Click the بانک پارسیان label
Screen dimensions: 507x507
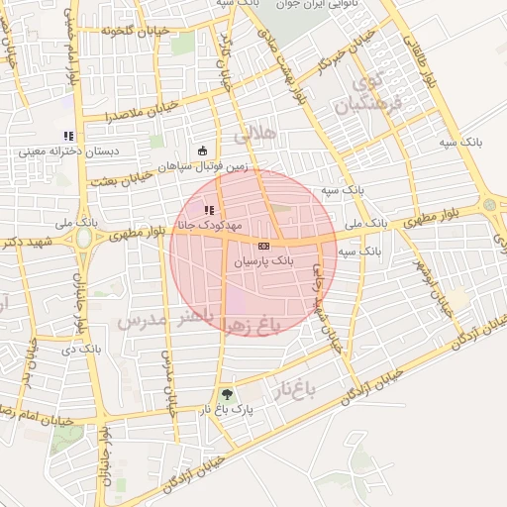click(x=262, y=260)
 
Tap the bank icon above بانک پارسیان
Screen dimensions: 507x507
click(x=262, y=245)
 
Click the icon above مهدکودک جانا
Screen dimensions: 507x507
click(x=209, y=210)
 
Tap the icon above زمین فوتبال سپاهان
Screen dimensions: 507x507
click(x=203, y=151)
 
